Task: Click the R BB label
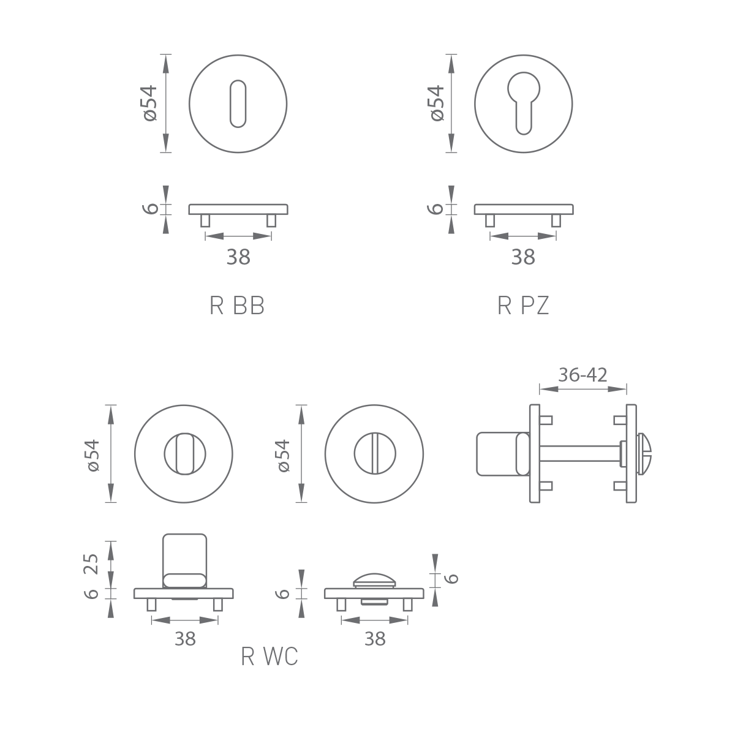click(237, 306)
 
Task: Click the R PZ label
click(523, 306)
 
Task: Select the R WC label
click(269, 657)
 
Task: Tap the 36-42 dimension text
click(582, 375)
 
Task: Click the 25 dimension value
click(91, 563)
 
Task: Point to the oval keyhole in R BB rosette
click(238, 104)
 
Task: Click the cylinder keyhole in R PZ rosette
click(524, 103)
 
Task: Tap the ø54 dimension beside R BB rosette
click(150, 104)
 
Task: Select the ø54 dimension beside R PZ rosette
click(437, 104)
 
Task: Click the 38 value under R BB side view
click(238, 257)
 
